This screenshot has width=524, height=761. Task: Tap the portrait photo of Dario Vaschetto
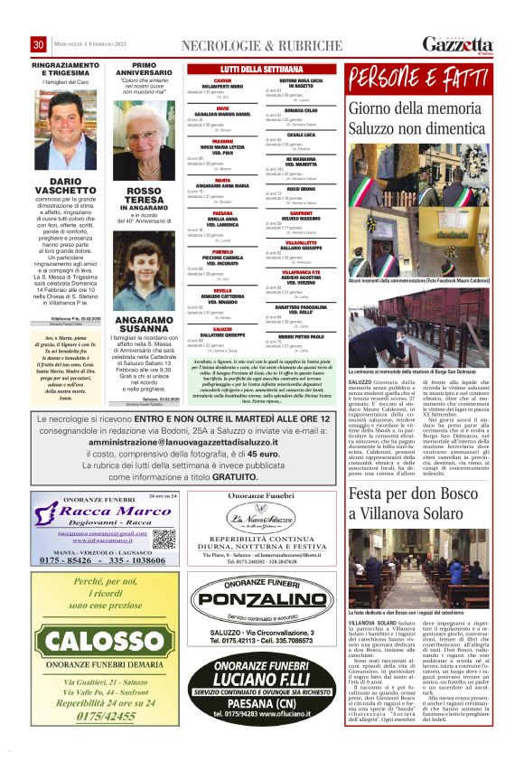(65, 129)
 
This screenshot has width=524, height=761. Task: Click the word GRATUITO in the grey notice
(234, 476)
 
